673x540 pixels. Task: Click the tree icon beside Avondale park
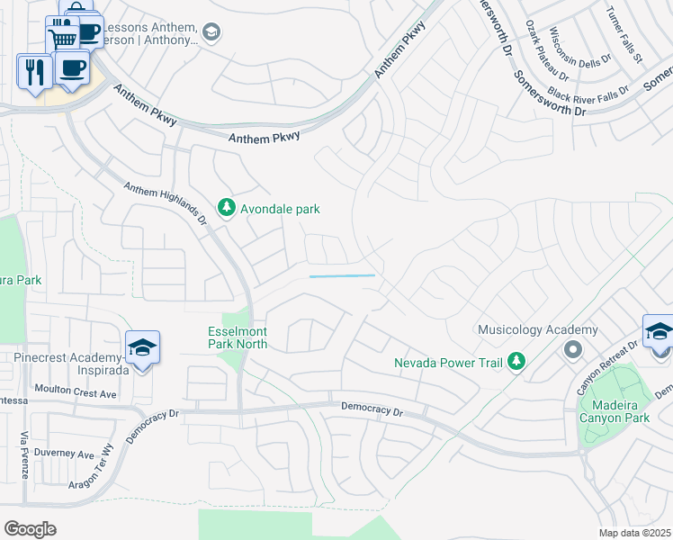[x=226, y=209]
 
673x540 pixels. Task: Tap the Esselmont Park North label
[x=238, y=337]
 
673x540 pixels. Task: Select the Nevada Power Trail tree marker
[x=516, y=362]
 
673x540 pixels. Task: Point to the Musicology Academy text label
[x=537, y=330]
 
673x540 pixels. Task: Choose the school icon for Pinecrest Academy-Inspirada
[x=142, y=347]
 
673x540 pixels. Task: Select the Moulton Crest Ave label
[x=76, y=393]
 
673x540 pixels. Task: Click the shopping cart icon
[x=61, y=39]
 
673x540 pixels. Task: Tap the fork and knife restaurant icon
[x=34, y=71]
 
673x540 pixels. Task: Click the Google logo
[x=30, y=529]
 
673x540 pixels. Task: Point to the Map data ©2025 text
[x=634, y=533]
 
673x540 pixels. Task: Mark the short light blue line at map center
[x=342, y=276]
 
